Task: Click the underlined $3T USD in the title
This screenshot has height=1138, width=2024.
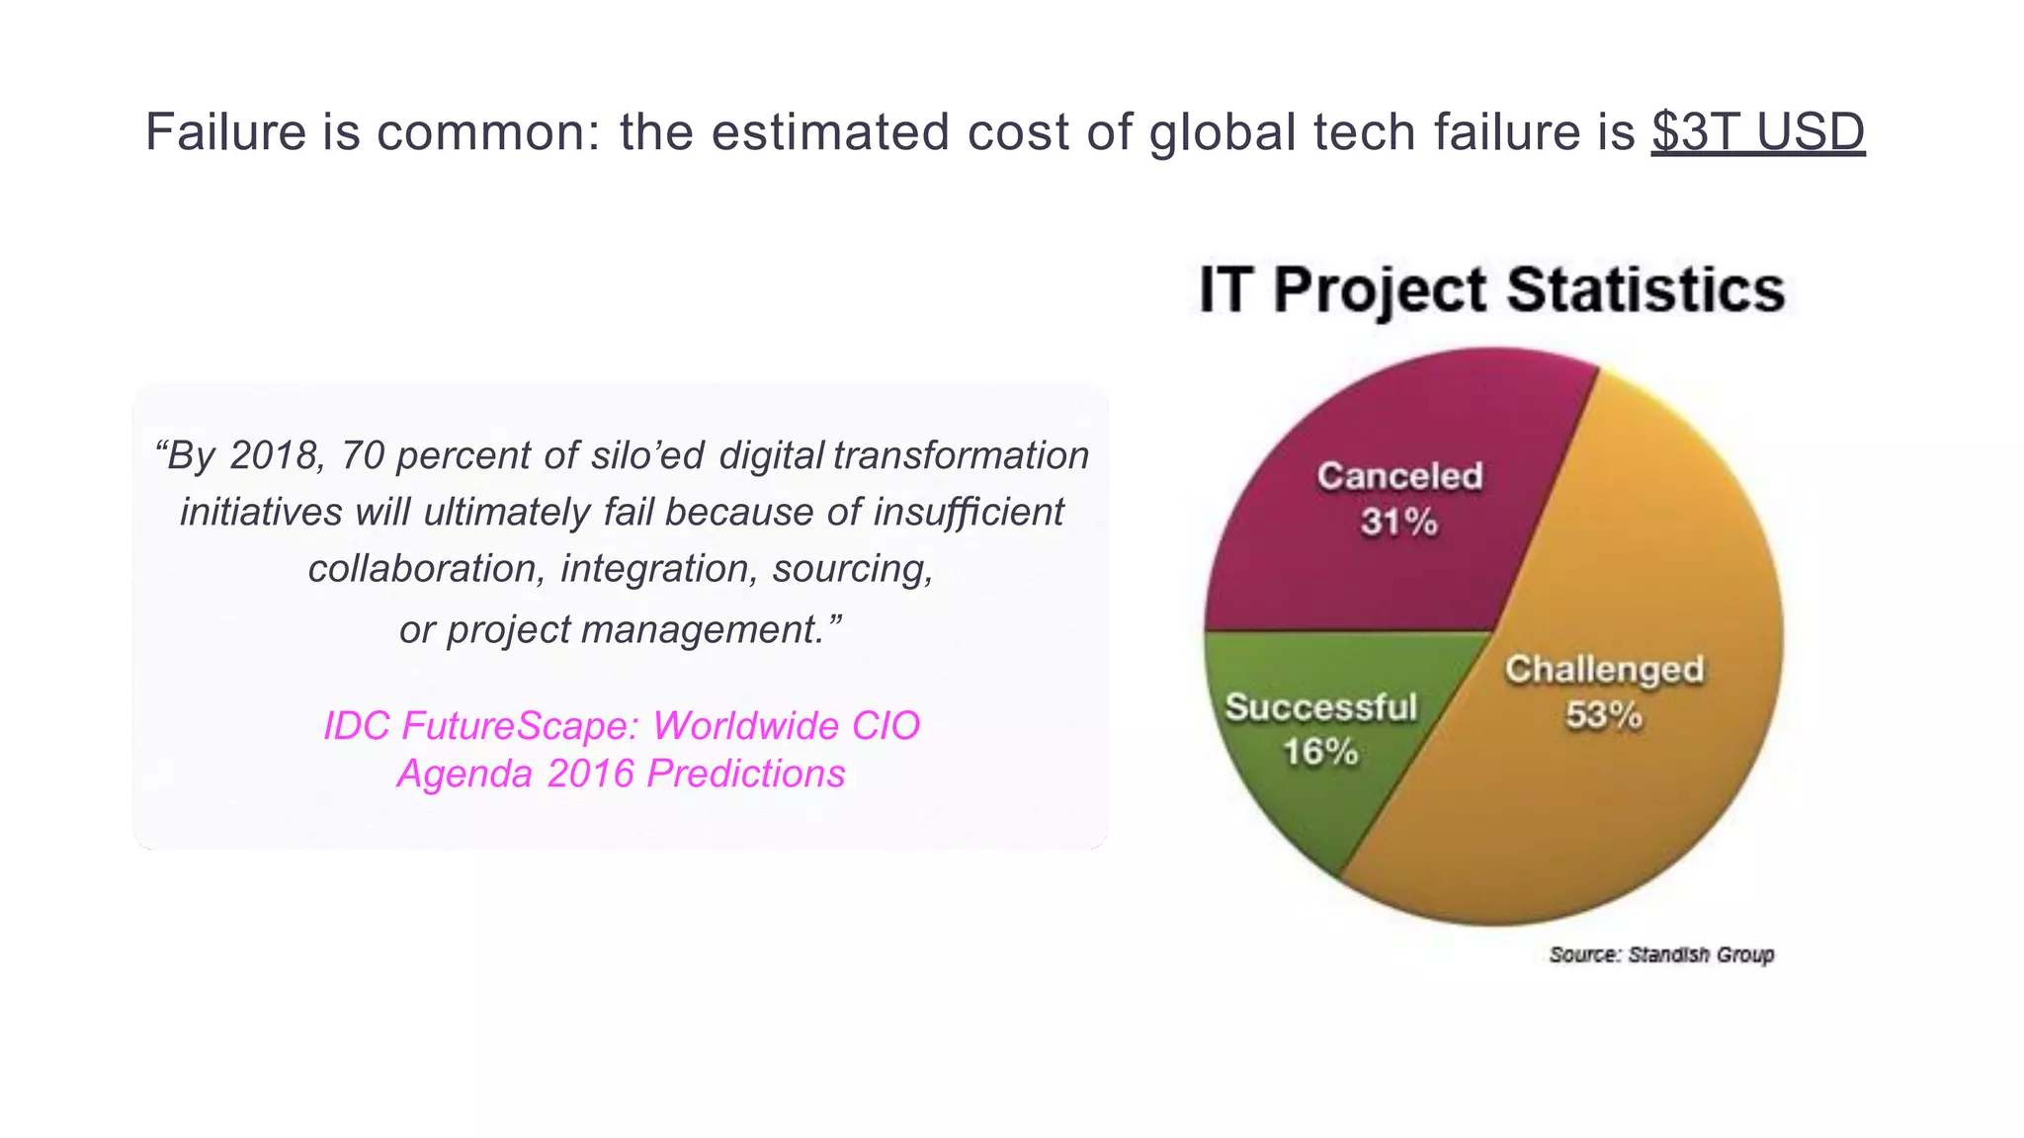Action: pos(1757,131)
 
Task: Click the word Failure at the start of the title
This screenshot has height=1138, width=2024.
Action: pos(225,131)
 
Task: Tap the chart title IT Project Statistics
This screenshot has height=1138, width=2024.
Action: pos(1491,289)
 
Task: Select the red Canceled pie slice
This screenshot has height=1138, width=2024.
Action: pos(1384,573)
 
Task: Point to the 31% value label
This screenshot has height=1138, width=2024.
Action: pos(1398,522)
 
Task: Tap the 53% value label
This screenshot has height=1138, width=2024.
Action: pos(1603,714)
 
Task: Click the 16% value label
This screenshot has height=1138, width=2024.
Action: pos(1320,752)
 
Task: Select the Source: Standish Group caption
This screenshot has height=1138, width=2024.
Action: pos(1661,954)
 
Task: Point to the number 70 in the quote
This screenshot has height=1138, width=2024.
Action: pos(362,455)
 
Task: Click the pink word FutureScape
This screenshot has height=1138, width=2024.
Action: pos(522,726)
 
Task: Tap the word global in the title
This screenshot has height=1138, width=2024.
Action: pos(1222,131)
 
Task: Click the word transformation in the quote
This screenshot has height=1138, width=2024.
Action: pos(961,455)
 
